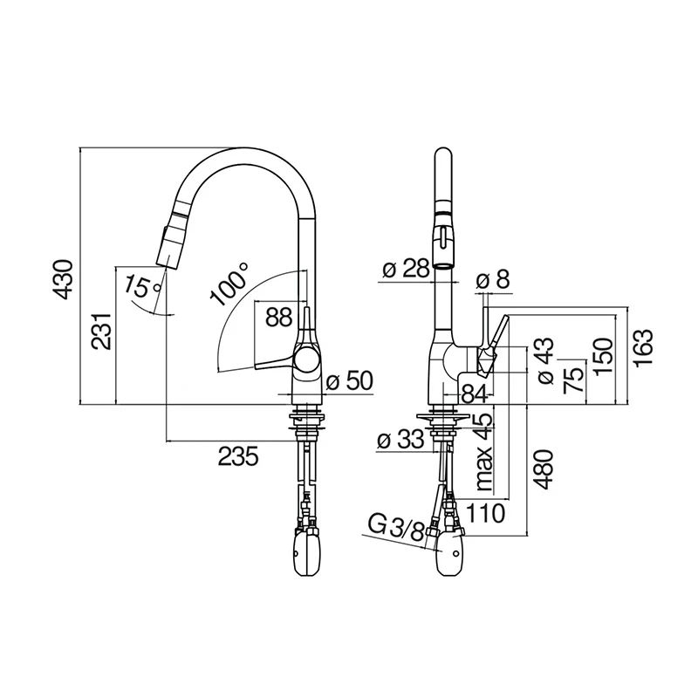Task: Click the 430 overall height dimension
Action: point(62,279)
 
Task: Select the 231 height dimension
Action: point(101,332)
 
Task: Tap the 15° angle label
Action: point(142,288)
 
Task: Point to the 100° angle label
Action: point(229,284)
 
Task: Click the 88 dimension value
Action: point(279,318)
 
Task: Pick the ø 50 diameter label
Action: point(350,381)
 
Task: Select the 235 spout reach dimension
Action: point(238,456)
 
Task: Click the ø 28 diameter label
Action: point(406,269)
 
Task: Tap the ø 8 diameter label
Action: point(493,280)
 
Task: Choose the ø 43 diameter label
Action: point(546,360)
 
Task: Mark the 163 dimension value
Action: point(643,347)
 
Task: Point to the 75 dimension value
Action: point(574,380)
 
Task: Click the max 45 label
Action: point(484,451)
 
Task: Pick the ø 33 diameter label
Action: point(400,441)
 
